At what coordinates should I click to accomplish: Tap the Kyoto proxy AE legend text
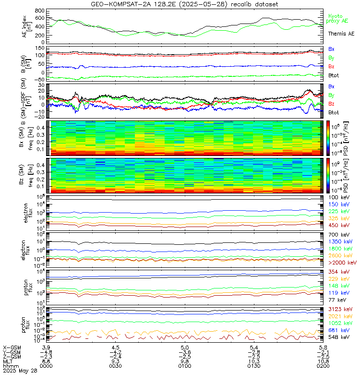(339, 18)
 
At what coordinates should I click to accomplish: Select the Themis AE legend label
(341, 34)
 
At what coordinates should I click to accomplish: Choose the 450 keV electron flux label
(340, 225)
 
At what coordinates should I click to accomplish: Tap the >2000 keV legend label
(342, 263)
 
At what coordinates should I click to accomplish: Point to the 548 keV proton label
(340, 337)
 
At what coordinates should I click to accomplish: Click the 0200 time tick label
(323, 366)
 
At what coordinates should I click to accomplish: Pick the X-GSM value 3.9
(47, 347)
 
